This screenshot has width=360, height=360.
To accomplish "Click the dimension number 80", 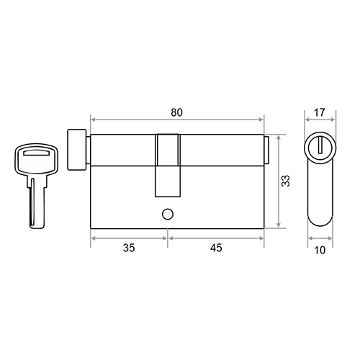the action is [x=176, y=112].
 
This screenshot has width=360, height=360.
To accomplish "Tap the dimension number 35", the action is [x=129, y=248].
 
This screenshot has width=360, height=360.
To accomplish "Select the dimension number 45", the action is [x=216, y=248].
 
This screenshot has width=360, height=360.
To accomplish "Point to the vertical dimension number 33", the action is [x=286, y=181].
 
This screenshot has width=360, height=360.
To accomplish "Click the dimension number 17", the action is [x=320, y=112].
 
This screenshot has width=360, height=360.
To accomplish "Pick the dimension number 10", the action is [x=320, y=251].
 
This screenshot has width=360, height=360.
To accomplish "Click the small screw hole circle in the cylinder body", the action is [x=168, y=215].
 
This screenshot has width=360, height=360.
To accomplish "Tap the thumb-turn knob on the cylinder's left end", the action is [x=77, y=150].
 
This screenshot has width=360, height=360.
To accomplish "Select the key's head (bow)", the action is [x=36, y=158].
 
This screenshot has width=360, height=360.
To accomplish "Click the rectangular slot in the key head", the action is [x=36, y=153].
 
